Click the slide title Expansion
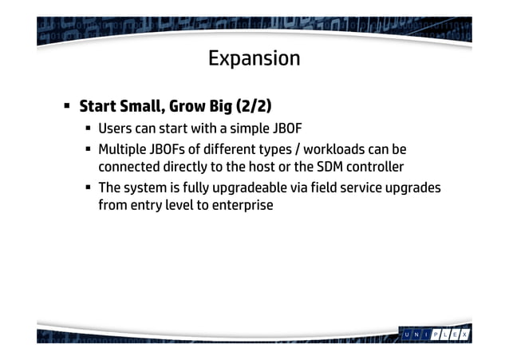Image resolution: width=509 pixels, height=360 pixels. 254,59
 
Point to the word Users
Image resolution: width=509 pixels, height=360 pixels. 115,129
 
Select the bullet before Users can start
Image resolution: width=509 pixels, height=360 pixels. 89,129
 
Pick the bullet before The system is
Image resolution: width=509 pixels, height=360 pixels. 89,188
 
